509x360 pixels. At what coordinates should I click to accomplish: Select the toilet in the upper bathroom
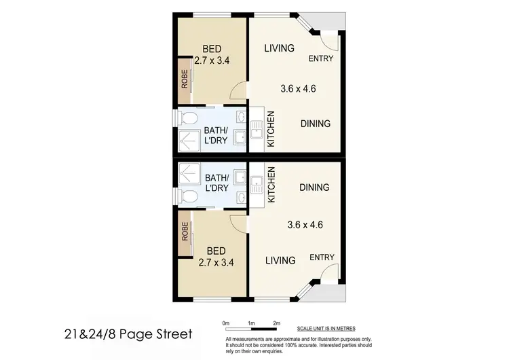(x=187, y=119)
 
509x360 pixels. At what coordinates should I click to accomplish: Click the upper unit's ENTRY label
(x=321, y=58)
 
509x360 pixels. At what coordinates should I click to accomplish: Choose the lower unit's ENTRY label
(x=321, y=257)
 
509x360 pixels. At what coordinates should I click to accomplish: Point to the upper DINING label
(x=316, y=124)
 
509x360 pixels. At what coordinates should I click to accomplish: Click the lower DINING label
(x=314, y=187)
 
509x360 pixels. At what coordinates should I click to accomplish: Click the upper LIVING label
(x=279, y=48)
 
